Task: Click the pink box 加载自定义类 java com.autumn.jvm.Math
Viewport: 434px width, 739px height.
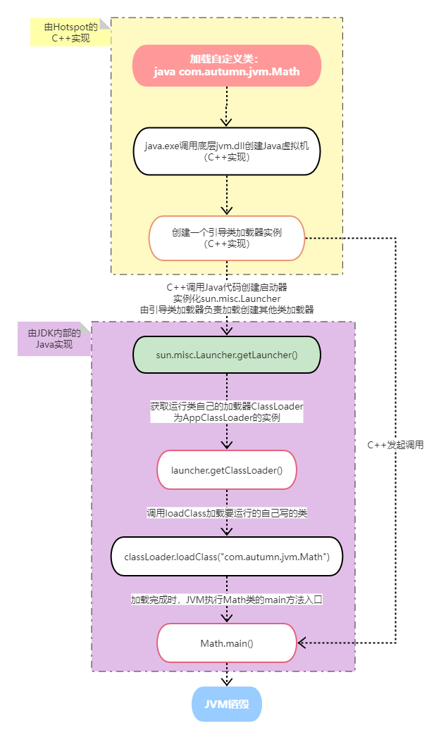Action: [226, 65]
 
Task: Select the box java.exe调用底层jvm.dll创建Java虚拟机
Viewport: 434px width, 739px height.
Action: [226, 151]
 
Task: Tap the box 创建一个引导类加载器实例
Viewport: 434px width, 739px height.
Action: [226, 238]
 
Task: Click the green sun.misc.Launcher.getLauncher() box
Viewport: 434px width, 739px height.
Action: [226, 355]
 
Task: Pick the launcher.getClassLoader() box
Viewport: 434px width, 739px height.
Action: [226, 470]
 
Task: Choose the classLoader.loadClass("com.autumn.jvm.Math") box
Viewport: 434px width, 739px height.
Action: [226, 557]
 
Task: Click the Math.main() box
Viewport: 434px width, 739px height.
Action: [226, 643]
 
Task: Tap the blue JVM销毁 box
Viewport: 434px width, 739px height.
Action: [226, 704]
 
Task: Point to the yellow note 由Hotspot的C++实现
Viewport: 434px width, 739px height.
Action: [70, 32]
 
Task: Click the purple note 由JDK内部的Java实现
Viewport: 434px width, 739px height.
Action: [54, 339]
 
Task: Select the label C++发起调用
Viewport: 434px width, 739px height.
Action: [395, 445]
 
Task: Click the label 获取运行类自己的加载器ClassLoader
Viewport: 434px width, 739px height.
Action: [226, 406]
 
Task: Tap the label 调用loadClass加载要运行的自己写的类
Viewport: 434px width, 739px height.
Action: [226, 513]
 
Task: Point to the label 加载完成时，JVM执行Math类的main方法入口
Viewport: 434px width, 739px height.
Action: [226, 600]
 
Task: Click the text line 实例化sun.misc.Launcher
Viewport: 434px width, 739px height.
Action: [226, 299]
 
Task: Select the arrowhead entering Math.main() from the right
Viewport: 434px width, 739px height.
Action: [302, 643]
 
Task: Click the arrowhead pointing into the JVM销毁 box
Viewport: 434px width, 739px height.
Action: [226, 681]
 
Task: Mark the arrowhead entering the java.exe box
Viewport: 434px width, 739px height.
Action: [226, 122]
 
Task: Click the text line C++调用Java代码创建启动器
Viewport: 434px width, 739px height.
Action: [226, 287]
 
